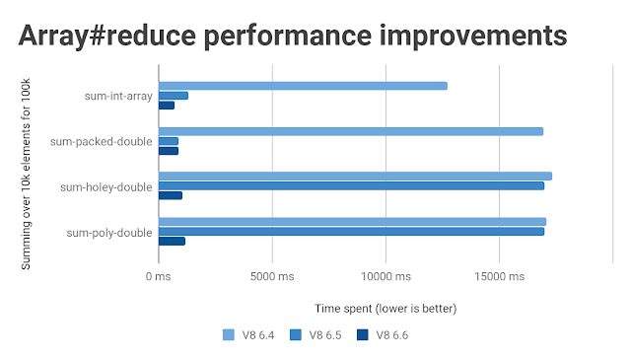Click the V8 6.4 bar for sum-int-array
303,86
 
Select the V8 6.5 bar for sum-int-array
174,96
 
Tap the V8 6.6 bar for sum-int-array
167,106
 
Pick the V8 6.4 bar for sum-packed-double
351,131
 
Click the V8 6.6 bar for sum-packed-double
169,151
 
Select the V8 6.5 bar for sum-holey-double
352,185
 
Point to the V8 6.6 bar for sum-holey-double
171,195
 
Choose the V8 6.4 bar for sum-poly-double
353,222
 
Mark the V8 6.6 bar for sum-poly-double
172,242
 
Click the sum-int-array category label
118,97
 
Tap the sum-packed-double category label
101,142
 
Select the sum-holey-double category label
106,187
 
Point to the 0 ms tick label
158,276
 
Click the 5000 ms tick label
272,276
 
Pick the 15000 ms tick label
500,276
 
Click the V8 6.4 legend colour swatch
229,335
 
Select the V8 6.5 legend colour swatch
296,335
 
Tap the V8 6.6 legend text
392,335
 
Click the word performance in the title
287,36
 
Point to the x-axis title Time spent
343,309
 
